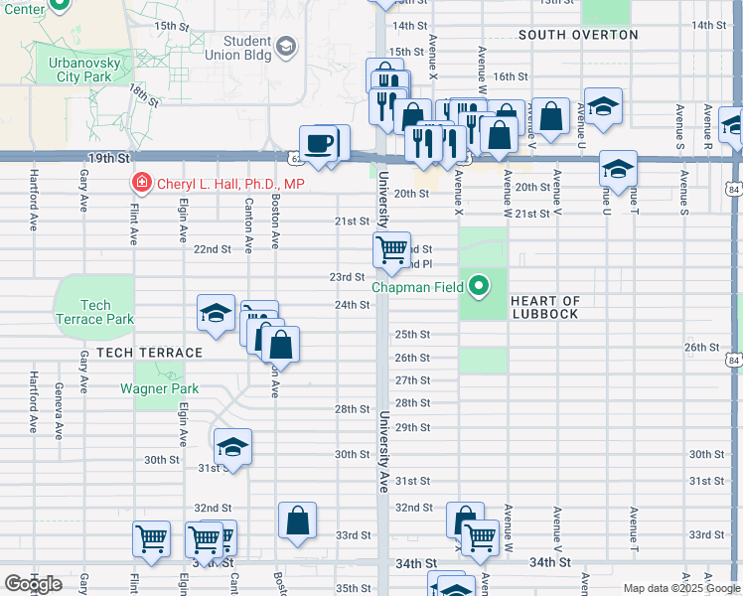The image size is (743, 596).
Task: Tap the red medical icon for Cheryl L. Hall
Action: tap(141, 184)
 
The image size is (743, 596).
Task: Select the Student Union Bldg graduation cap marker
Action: tap(286, 47)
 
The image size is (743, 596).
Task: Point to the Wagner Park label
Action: tap(160, 388)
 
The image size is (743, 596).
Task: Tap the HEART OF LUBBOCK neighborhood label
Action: tap(544, 307)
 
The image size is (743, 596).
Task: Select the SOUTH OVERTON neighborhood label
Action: tap(578, 35)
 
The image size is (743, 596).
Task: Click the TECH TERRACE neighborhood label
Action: tap(142, 353)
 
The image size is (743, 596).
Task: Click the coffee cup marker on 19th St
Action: tap(318, 143)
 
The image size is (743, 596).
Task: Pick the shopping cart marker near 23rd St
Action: tap(391, 249)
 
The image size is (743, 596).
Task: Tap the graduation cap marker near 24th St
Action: tap(216, 314)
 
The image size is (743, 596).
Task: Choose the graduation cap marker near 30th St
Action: tap(232, 447)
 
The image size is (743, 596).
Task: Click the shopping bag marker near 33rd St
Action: tap(297, 520)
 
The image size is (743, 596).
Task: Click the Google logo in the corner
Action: tap(33, 584)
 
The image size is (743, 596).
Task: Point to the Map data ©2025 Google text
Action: tap(680, 588)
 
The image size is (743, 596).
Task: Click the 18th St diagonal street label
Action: tap(144, 97)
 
